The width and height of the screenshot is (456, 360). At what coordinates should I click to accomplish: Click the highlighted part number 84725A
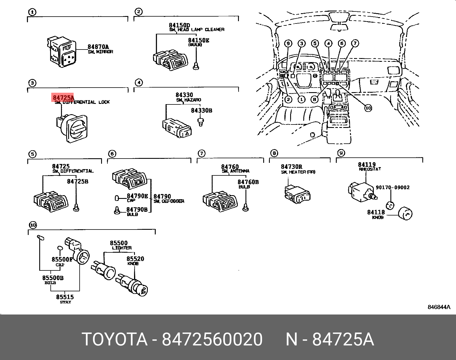(x=63, y=97)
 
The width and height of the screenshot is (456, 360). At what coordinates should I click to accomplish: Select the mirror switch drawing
(x=62, y=52)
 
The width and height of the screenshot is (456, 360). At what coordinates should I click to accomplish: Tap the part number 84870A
(x=98, y=47)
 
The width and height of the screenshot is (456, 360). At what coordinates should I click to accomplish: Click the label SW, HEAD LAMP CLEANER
(x=197, y=29)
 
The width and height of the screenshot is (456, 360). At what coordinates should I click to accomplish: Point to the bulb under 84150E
(x=196, y=66)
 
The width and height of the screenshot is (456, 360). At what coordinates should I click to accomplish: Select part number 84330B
(x=201, y=110)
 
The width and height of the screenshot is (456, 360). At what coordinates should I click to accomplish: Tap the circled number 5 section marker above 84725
(x=32, y=154)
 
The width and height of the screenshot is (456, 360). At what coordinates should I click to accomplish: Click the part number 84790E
(x=137, y=196)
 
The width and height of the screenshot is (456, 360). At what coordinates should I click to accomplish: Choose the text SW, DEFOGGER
(x=169, y=201)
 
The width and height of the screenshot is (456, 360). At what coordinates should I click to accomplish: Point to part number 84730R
(x=291, y=167)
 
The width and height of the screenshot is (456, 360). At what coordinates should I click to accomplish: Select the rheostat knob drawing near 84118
(x=405, y=213)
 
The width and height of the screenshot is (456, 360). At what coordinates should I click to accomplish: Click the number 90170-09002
(x=392, y=187)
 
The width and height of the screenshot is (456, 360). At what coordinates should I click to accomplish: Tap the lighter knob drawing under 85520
(x=133, y=284)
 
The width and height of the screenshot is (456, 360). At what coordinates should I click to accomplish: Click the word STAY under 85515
(x=65, y=302)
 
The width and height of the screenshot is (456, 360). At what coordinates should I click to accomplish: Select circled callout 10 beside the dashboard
(x=368, y=108)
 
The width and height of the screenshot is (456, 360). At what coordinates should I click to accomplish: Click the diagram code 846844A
(x=439, y=307)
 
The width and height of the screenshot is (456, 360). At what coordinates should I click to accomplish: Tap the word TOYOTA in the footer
(x=115, y=339)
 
